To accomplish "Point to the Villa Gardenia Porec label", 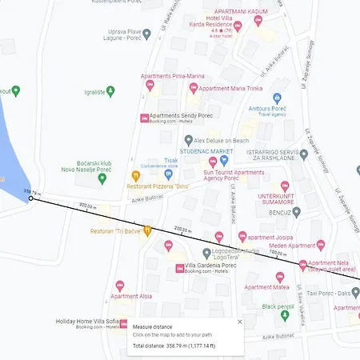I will pos(211,266).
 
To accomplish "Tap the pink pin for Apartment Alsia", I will pos(121,286).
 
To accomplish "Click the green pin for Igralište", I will pos(110,91).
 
